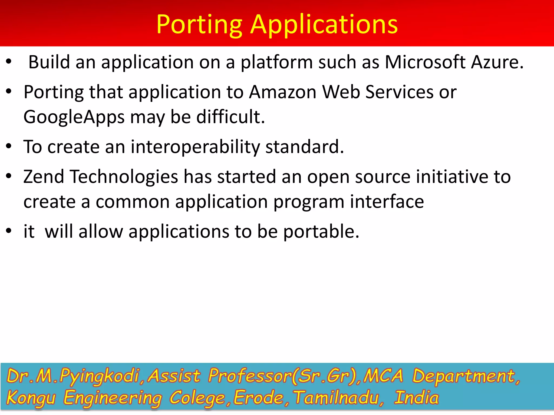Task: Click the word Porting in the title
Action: coord(199,25)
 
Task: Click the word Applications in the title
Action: coord(324,25)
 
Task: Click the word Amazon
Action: coord(283,92)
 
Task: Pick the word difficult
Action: coord(230,117)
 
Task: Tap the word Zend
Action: coord(44,177)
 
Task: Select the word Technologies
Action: coord(124,177)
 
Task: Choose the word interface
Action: coord(387,202)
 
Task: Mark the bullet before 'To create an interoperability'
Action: coord(9,147)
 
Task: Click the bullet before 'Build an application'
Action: coord(9,62)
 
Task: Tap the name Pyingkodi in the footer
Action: coord(99,376)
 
